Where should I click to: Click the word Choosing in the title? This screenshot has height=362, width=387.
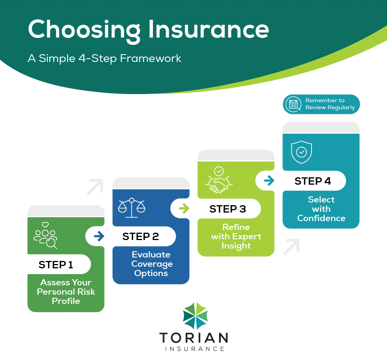[x=84, y=31]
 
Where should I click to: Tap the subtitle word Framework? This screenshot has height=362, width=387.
[x=151, y=58]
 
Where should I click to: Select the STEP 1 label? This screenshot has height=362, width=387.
[x=56, y=265]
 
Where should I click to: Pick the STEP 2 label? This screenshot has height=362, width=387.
[x=140, y=237]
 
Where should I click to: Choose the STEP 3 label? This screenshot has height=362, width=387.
[x=228, y=209]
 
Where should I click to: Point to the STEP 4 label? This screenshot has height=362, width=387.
[x=312, y=181]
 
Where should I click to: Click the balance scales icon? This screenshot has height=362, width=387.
[x=132, y=208]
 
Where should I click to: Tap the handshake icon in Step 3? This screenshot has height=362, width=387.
[x=219, y=180]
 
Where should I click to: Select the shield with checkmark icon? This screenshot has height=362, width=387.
[x=301, y=152]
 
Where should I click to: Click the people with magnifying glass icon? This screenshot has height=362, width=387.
[x=45, y=235]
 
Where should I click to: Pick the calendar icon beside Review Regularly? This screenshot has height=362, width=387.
[x=293, y=104]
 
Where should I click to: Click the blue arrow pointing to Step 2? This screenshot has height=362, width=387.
[x=99, y=236]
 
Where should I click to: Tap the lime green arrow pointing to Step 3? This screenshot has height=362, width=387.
[x=184, y=208]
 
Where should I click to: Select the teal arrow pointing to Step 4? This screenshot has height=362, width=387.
[x=269, y=180]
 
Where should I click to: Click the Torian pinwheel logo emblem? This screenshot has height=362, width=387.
[x=195, y=316]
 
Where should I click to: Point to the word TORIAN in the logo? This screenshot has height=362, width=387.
[x=194, y=338]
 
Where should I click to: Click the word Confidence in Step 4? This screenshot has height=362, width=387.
[x=321, y=218]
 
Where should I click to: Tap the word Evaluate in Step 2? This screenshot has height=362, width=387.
[x=151, y=255]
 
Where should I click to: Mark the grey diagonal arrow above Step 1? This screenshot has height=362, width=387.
[x=95, y=187]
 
